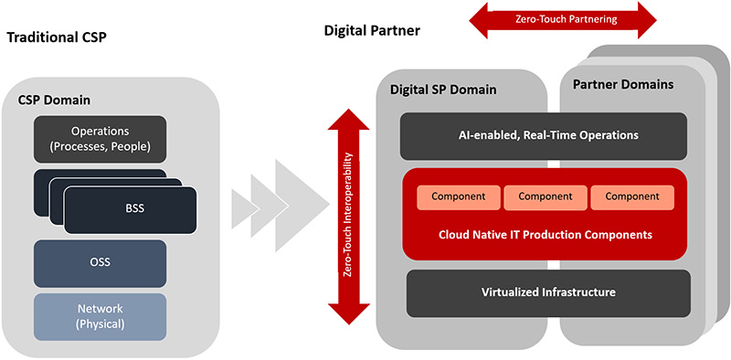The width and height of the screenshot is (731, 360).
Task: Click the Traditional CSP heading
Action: point(57,37)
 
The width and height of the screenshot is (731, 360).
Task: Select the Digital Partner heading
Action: point(372,31)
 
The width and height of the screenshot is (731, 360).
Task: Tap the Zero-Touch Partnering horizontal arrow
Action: point(563,19)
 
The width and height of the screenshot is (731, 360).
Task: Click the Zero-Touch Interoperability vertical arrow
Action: point(349,217)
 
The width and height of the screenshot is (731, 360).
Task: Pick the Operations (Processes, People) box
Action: point(100,139)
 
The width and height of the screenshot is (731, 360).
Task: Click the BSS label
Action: point(135,208)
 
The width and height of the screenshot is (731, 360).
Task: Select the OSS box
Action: point(100,263)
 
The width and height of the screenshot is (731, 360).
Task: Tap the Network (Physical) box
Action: point(100,316)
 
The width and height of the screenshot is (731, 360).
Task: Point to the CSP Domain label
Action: point(54,100)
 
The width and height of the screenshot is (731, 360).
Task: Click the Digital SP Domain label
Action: point(443,90)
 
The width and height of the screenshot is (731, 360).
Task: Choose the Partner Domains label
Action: point(623,84)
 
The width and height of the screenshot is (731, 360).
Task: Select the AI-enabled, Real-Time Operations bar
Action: point(544,136)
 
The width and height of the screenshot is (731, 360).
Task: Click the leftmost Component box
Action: point(459,196)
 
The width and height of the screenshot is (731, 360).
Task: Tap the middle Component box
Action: point(545,196)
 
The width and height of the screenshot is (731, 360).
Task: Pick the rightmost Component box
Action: point(632,196)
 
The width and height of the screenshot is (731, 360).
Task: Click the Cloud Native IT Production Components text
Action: point(546,235)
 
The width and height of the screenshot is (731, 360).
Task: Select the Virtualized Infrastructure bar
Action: point(548,293)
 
